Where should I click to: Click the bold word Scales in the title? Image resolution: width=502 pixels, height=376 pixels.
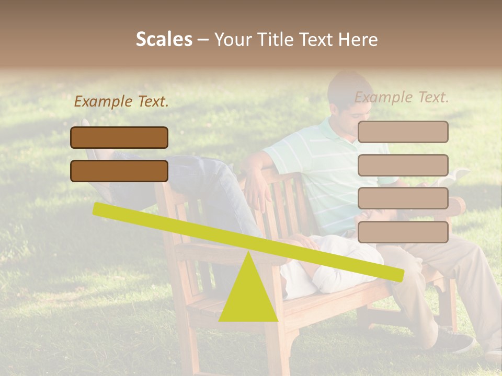pyautogui.click(x=164, y=40)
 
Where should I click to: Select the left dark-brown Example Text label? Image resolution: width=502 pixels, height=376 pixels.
pyautogui.click(x=121, y=102)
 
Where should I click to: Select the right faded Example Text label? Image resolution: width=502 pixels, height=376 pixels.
pyautogui.click(x=402, y=97)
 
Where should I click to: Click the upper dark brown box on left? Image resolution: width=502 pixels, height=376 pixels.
pyautogui.click(x=119, y=137)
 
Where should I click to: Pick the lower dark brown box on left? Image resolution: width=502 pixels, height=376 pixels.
pyautogui.click(x=119, y=171)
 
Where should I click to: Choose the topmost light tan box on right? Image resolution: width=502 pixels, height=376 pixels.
pyautogui.click(x=403, y=132)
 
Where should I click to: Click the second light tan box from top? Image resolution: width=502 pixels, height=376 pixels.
pyautogui.click(x=403, y=165)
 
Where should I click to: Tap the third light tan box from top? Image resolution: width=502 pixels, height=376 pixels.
pyautogui.click(x=403, y=198)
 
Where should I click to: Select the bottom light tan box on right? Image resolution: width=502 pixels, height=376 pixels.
pyautogui.click(x=403, y=232)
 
